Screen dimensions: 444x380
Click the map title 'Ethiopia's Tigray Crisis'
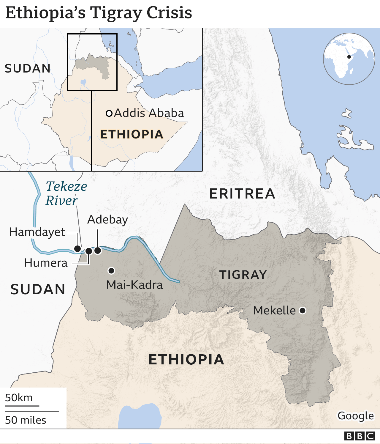99,13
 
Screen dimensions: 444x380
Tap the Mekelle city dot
303,311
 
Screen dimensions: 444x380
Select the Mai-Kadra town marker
111,270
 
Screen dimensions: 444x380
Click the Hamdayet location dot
77,248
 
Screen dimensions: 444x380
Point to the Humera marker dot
88,251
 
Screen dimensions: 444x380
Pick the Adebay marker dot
98,251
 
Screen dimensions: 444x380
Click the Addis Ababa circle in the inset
109,113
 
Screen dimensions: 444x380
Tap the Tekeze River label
66,193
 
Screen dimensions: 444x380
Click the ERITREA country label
242,194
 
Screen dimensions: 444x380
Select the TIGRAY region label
243,275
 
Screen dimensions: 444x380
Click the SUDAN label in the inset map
28,69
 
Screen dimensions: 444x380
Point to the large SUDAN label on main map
38,289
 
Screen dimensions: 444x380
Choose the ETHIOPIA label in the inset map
132,134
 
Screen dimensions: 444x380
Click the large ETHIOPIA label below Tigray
186,360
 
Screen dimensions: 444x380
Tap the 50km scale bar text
19,398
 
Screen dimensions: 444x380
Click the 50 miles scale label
26,420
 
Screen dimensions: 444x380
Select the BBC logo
360,436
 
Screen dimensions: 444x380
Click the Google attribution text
356,416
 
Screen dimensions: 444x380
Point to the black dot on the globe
349,57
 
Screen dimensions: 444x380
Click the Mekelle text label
274,311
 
